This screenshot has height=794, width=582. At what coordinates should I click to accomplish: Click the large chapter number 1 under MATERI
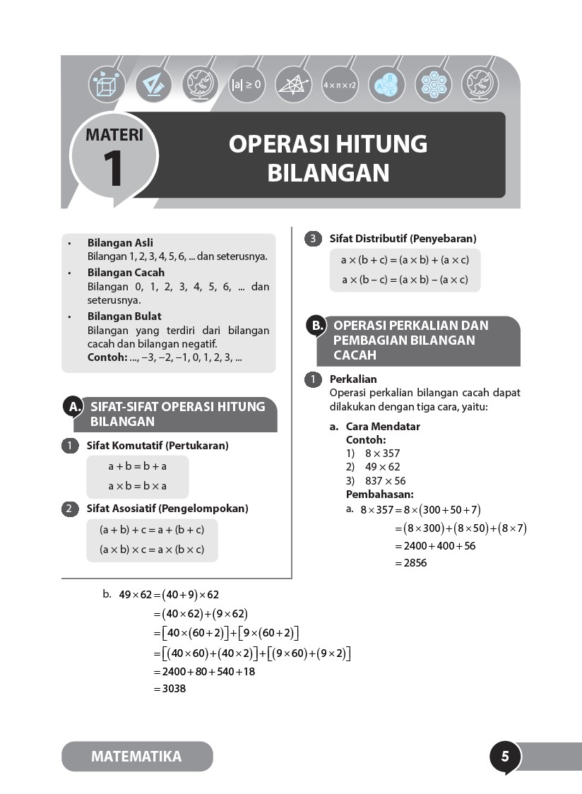(113, 170)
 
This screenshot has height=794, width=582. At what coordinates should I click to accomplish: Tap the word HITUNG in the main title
(379, 144)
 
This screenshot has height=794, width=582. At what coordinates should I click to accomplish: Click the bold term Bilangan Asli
(120, 242)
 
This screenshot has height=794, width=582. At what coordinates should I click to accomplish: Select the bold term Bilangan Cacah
(126, 272)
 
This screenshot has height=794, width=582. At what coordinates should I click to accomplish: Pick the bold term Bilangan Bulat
(124, 316)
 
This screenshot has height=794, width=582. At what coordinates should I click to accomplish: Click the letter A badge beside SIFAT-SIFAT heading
(73, 406)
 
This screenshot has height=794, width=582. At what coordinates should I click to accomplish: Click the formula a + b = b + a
(137, 466)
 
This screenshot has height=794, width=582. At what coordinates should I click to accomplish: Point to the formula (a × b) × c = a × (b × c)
(152, 550)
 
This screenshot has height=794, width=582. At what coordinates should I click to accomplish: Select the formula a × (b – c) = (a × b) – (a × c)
(405, 280)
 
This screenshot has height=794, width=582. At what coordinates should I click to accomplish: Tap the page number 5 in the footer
(505, 757)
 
